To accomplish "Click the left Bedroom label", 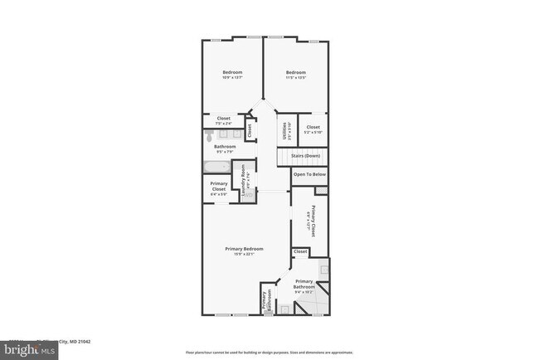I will (x=231, y=74).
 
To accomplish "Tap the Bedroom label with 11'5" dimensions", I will (x=296, y=74).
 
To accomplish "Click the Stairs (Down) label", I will (x=304, y=156).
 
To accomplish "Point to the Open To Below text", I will (x=309, y=175).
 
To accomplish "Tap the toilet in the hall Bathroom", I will (x=210, y=133).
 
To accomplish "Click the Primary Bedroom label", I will (x=245, y=251).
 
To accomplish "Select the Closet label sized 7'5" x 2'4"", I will (x=224, y=120).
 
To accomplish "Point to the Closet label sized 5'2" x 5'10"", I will (x=313, y=129).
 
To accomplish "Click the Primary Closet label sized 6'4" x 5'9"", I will (x=219, y=187).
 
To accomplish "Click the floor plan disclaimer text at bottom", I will (x=269, y=352).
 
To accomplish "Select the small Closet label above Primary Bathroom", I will (x=300, y=251).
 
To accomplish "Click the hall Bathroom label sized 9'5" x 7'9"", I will (x=225, y=148).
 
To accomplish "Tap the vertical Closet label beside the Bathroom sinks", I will (x=249, y=130).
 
